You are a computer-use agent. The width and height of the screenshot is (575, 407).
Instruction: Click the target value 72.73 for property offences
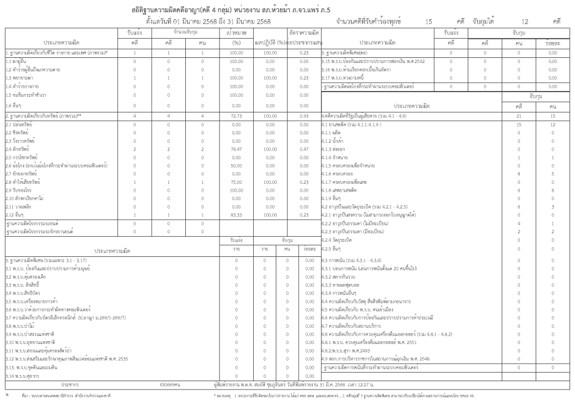point(236,115)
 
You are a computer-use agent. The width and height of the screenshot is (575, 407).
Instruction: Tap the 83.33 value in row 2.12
point(236,215)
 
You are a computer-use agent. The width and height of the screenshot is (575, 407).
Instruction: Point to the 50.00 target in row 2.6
point(236,166)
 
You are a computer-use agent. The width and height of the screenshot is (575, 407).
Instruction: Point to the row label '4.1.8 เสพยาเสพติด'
point(341,191)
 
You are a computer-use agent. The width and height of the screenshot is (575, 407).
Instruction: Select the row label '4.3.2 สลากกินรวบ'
point(340,277)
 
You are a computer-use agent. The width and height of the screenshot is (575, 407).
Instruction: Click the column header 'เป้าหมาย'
point(236,34)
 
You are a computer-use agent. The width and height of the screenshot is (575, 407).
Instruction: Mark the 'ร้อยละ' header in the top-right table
point(553,43)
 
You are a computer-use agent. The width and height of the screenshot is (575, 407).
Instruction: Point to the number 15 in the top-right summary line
point(429,21)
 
